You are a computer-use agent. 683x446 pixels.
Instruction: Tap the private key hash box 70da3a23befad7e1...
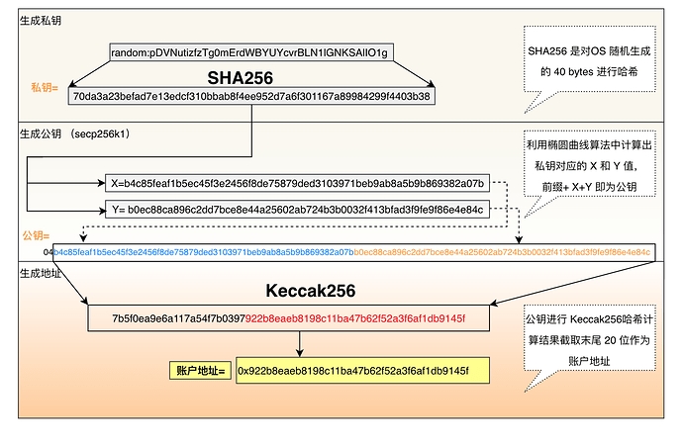tap(250, 97)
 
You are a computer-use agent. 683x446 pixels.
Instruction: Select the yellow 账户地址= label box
tap(199, 371)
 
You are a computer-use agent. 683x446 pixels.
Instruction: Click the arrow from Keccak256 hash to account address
tap(300, 344)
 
